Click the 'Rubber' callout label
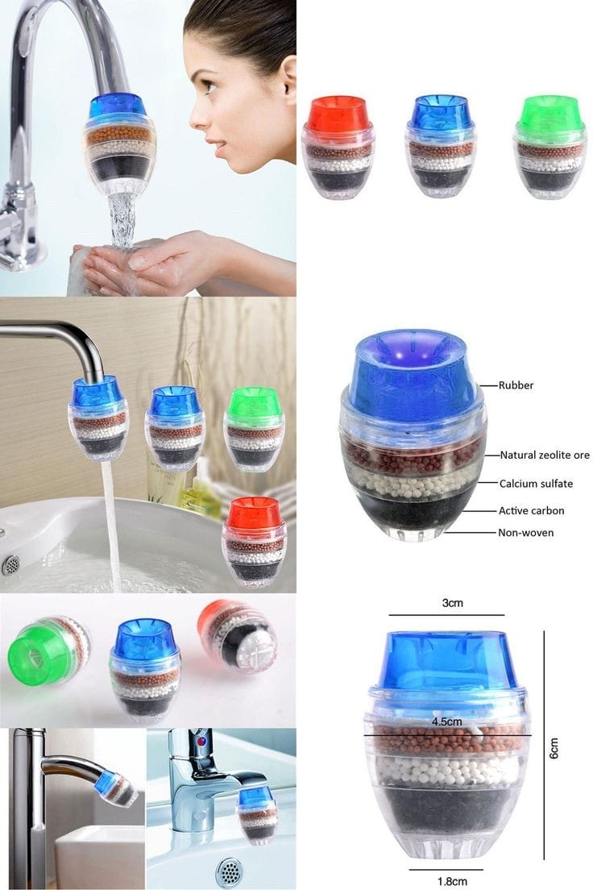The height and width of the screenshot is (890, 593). (x=516, y=385)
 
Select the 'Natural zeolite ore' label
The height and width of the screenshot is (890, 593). (x=544, y=455)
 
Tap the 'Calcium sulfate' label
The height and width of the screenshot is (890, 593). (x=536, y=484)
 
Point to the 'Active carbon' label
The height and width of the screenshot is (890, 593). (x=531, y=510)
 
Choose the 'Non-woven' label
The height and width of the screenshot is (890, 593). (x=526, y=533)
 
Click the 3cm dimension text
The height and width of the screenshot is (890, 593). (x=452, y=602)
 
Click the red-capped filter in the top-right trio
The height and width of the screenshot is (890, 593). (x=338, y=145)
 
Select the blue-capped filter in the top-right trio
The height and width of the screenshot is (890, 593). (x=442, y=145)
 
